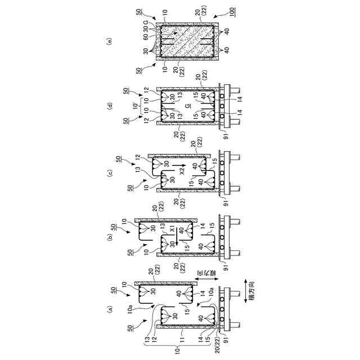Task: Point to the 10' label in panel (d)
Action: click(x=133, y=105)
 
